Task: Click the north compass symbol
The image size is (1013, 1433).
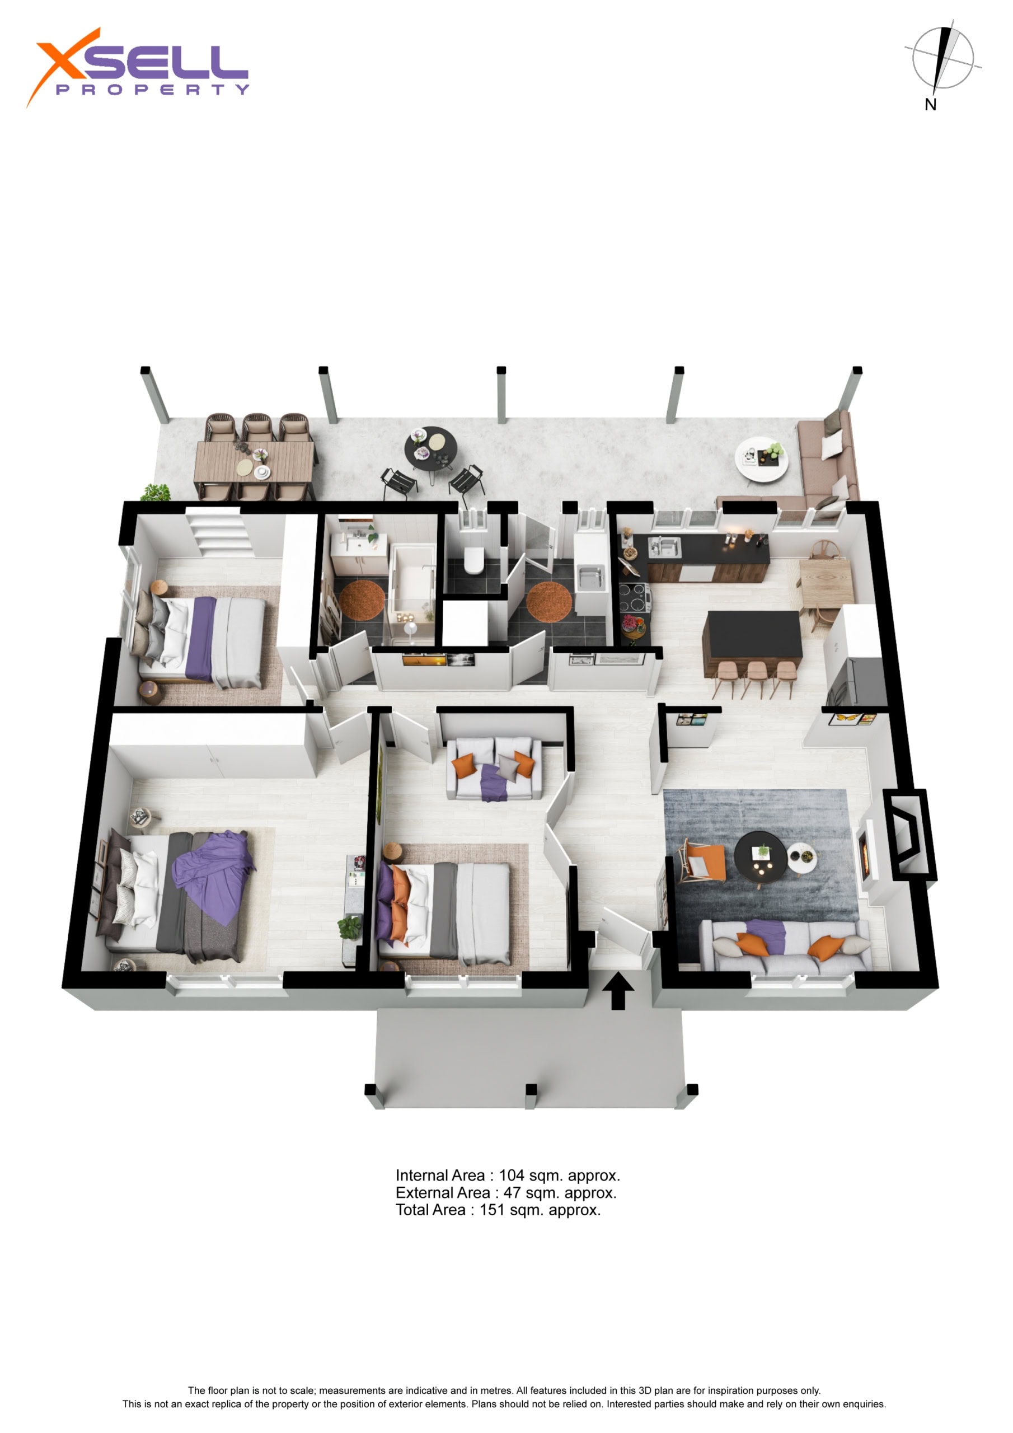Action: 942,62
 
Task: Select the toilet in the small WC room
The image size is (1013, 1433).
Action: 473,559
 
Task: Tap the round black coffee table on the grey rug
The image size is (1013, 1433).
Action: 759,856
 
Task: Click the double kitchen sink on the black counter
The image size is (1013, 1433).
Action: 665,547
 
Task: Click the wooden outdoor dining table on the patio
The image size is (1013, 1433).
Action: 254,462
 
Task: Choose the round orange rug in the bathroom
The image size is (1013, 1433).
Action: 362,599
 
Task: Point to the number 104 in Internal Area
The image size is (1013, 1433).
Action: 511,1176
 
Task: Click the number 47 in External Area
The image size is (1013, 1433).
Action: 512,1193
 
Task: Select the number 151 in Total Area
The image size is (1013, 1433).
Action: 492,1210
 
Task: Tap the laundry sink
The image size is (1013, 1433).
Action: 590,576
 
